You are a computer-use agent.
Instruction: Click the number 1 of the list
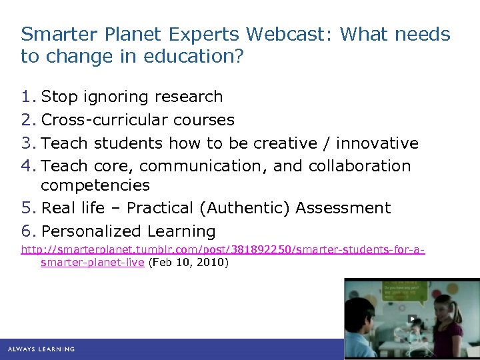[x=27, y=97]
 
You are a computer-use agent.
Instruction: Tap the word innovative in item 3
[x=377, y=143]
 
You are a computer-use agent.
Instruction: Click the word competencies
[x=95, y=185]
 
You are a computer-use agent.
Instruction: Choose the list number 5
[x=27, y=208]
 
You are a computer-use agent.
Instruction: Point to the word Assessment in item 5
[x=343, y=208]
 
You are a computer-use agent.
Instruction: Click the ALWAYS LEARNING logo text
[x=41, y=349]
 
